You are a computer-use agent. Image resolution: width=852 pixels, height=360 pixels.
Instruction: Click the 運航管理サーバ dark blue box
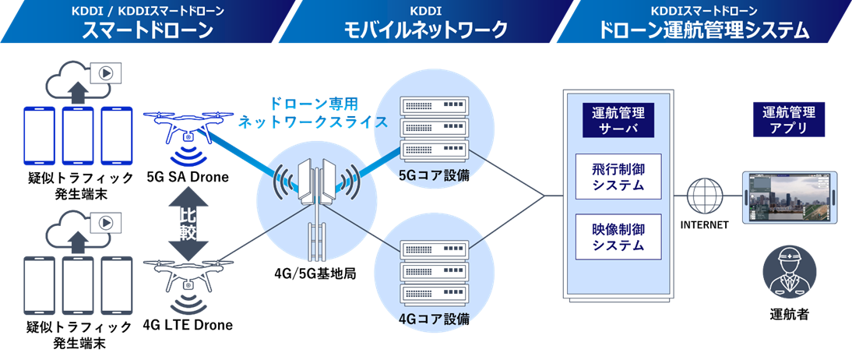click(618, 118)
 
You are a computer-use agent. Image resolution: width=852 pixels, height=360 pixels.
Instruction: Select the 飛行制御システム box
click(618, 177)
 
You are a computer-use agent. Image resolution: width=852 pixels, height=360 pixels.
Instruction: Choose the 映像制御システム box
click(618, 237)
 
